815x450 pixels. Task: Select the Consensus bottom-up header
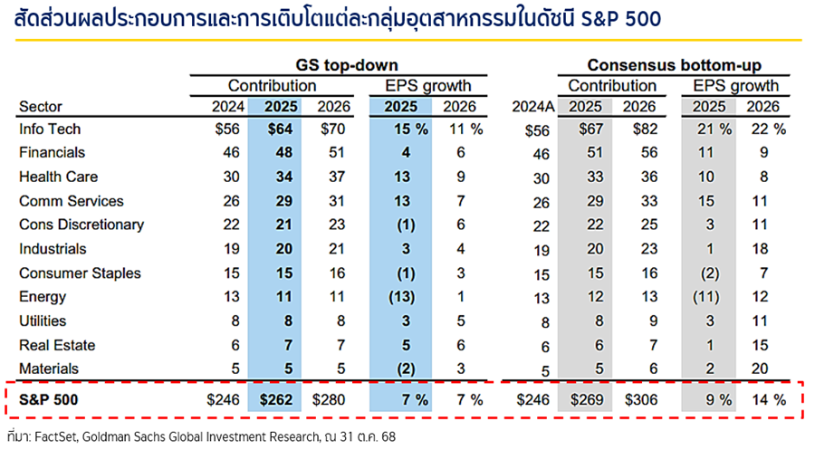674,65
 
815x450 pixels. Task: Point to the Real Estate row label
57,345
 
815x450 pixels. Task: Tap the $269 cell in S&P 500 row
588,398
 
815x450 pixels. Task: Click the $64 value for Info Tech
281,129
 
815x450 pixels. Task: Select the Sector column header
41,106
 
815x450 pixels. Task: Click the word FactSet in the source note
56,436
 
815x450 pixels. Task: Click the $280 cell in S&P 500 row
332,398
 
